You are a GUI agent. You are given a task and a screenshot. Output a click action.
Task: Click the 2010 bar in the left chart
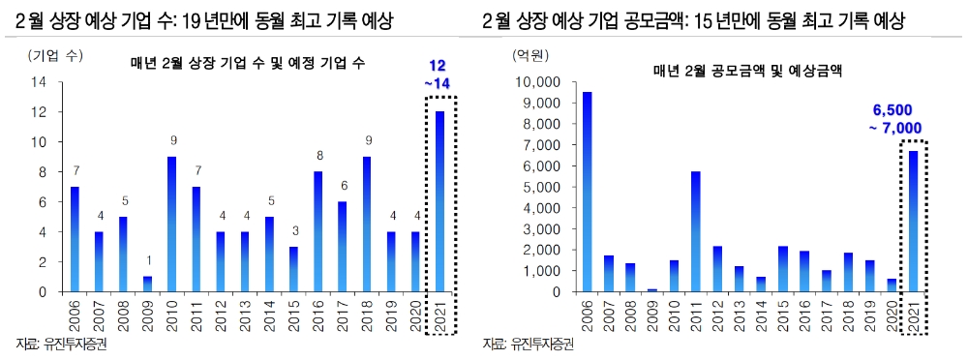[172, 225]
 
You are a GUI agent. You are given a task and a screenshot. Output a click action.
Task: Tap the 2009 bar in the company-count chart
[148, 284]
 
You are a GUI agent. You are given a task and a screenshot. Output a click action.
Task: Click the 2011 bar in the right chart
[695, 231]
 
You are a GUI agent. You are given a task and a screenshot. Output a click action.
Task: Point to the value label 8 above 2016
[318, 155]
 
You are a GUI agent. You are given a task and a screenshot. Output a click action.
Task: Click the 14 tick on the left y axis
[40, 83]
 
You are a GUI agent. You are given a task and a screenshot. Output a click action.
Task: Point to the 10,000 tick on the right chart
[548, 83]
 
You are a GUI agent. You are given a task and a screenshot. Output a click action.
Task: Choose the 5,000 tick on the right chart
[552, 187]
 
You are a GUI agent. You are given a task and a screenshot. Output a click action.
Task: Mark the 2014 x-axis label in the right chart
[761, 316]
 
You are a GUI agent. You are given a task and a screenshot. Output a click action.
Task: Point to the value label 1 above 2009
[148, 259]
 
